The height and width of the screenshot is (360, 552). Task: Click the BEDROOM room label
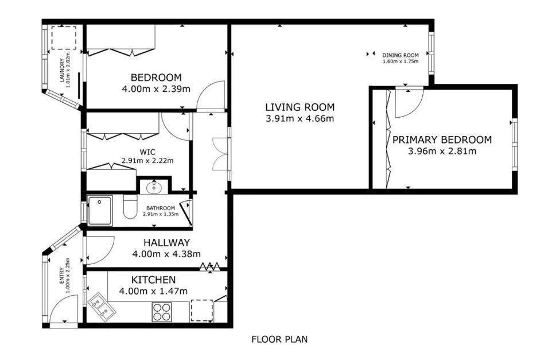156,78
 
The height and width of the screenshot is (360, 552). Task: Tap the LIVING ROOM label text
300,107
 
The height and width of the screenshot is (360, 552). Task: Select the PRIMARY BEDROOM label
442,140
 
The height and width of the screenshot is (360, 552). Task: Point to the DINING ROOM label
401,55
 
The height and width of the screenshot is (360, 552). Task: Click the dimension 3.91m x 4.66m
300,119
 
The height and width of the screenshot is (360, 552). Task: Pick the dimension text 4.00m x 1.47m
153,291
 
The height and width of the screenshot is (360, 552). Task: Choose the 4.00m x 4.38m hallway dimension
166,254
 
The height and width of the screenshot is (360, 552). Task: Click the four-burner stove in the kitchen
162,311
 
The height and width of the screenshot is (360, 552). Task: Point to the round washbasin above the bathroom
153,187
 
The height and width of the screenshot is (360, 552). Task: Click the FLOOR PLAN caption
279,339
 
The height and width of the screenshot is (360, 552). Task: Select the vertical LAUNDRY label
65,67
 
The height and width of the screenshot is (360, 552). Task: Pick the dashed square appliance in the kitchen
201,311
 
